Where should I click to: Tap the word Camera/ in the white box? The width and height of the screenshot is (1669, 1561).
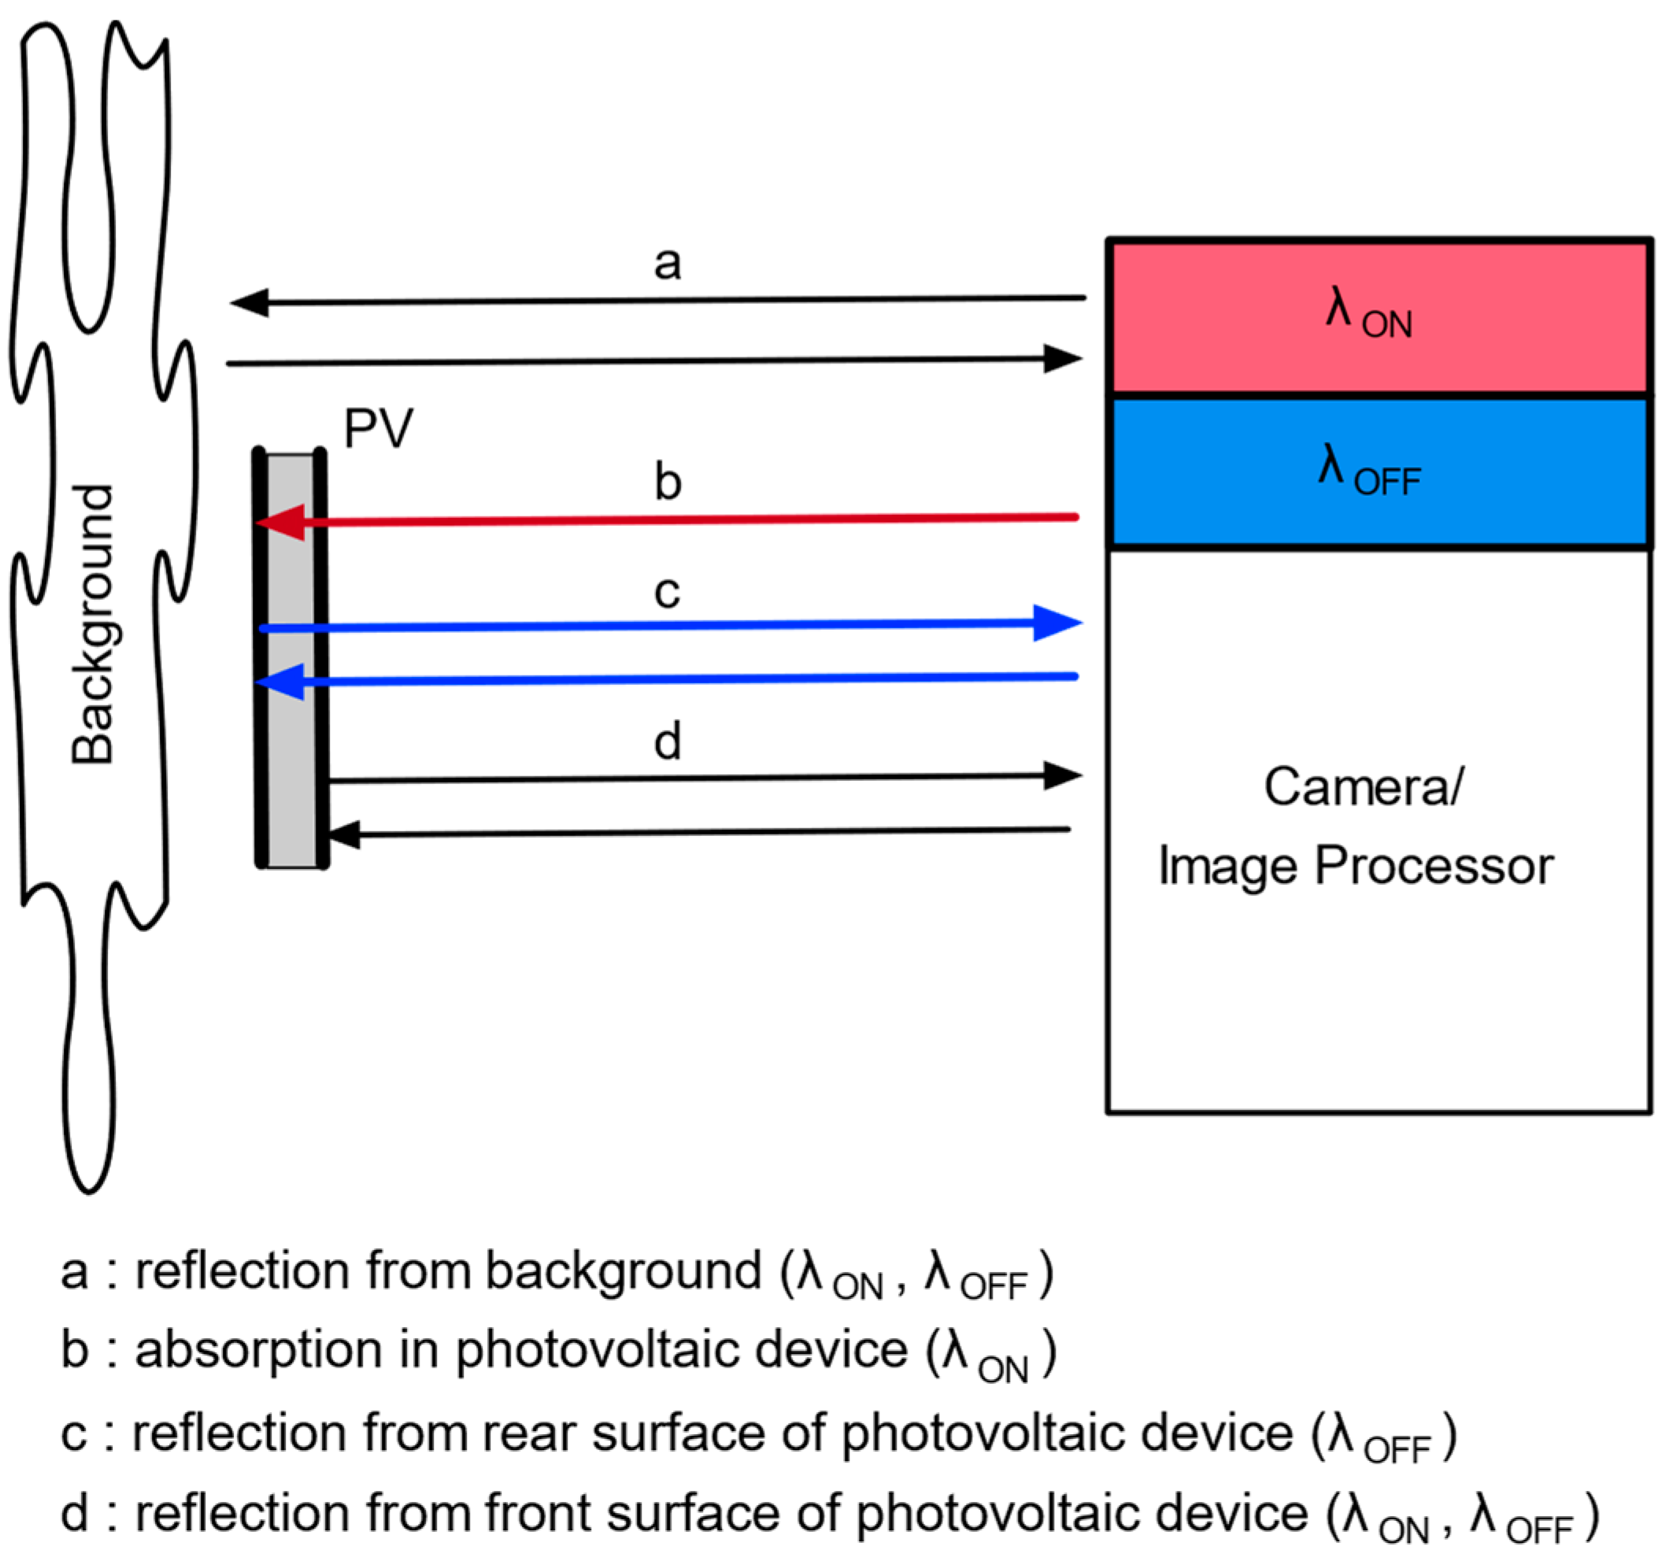click(x=1364, y=787)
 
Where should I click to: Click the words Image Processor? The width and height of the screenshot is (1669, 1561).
click(x=1355, y=866)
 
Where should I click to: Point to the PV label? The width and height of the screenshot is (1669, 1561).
click(x=378, y=429)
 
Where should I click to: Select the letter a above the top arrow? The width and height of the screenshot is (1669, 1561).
click(x=667, y=263)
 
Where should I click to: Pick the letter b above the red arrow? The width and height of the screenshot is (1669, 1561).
click(x=668, y=483)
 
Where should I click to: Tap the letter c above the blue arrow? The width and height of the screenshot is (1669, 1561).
click(x=667, y=593)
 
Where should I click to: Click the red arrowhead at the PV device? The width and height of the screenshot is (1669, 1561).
click(x=280, y=522)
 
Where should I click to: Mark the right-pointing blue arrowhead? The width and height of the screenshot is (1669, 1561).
click(x=1057, y=623)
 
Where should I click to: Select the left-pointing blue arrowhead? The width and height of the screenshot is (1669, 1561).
click(x=280, y=682)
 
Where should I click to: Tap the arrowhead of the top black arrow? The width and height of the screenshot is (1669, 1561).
click(x=250, y=303)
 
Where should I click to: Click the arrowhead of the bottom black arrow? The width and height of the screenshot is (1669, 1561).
click(x=344, y=834)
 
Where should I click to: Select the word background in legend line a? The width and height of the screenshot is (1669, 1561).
click(x=623, y=1271)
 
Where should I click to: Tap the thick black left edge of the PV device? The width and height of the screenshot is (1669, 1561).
click(x=261, y=659)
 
